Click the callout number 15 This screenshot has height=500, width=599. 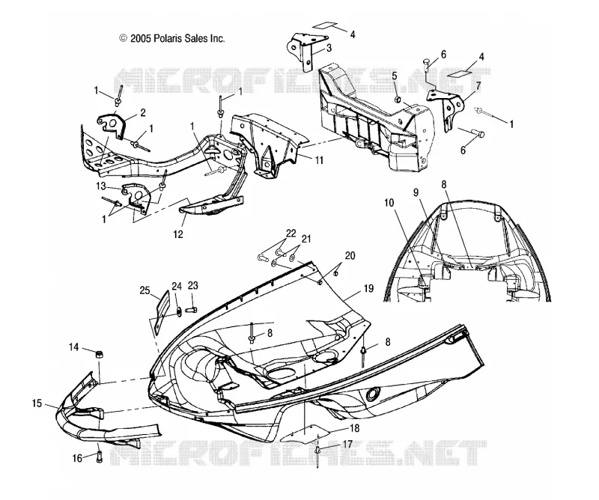tap(37, 403)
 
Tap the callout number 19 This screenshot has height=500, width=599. tap(368, 288)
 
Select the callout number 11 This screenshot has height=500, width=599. tap(319, 159)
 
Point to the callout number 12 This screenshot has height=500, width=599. tap(178, 234)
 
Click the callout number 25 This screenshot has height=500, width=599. tap(145, 290)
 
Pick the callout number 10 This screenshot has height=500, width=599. tap(389, 202)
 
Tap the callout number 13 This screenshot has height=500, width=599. tap(101, 186)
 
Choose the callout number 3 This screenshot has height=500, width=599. tap(329, 48)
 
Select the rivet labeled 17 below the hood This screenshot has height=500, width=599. tap(317, 455)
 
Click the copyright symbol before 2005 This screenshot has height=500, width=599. tap(123, 38)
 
